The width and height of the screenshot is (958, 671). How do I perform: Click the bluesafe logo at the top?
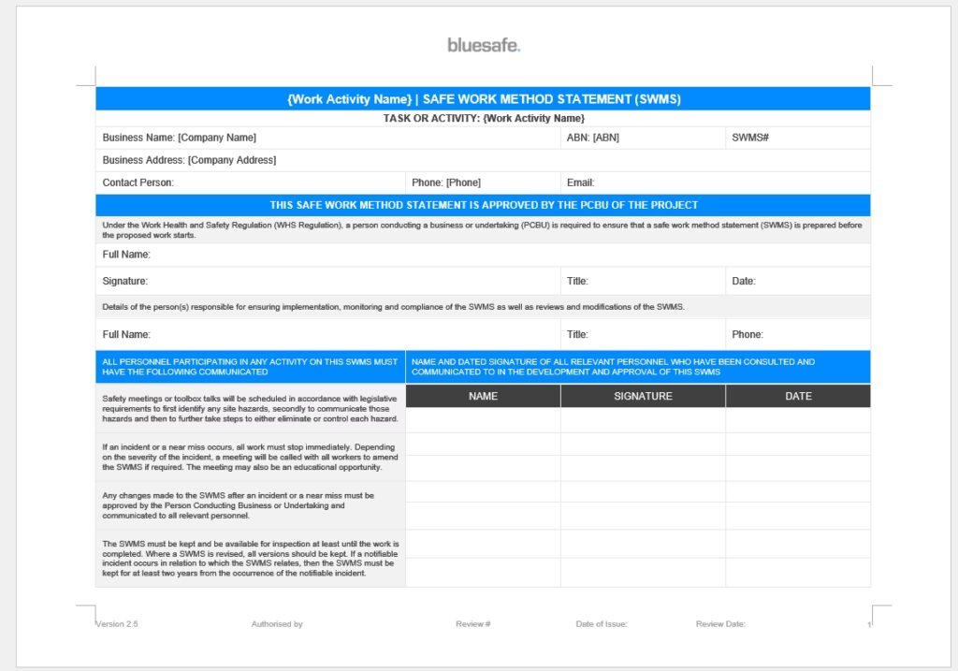[x=483, y=45]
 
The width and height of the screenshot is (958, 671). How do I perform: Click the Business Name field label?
[x=179, y=138]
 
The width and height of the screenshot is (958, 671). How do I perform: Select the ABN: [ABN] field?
[x=592, y=138]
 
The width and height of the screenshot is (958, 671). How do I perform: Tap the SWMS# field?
[x=750, y=138]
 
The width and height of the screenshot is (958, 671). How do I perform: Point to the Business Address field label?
[x=189, y=160]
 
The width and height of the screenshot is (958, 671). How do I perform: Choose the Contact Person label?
[x=138, y=182]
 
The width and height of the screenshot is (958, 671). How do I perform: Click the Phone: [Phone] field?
[x=445, y=182]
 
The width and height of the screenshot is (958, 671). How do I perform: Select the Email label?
[x=580, y=182]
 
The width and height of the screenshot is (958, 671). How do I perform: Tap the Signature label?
[x=124, y=281]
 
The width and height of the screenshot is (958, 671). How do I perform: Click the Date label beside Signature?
[x=743, y=281]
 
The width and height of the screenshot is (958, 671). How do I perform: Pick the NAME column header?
[x=483, y=396]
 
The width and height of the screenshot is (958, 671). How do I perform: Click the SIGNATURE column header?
[x=643, y=396]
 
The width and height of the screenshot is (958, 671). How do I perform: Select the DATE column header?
[x=798, y=396]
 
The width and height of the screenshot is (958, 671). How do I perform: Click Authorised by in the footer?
[x=277, y=624]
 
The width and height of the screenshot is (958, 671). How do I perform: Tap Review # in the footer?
[x=472, y=624]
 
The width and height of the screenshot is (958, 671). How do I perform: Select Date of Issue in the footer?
[x=601, y=624]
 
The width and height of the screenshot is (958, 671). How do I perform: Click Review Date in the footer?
[x=720, y=624]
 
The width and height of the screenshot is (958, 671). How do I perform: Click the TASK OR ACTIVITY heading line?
[x=483, y=118]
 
